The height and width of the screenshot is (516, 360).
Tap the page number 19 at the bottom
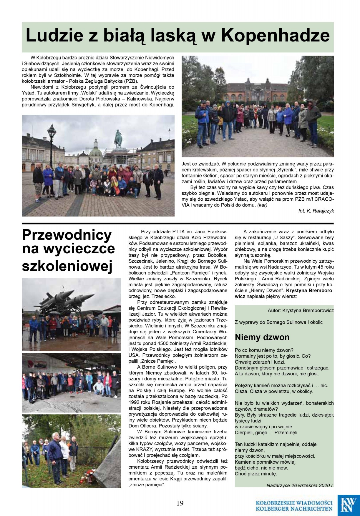click(x=180, y=503)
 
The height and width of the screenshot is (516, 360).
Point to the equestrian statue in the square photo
click(x=118, y=139)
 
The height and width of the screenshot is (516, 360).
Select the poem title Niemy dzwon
click(x=262, y=337)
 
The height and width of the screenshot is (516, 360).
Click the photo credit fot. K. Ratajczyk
click(x=316, y=211)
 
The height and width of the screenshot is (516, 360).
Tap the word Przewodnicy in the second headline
click(x=67, y=235)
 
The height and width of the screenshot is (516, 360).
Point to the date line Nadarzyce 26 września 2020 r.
click(x=300, y=485)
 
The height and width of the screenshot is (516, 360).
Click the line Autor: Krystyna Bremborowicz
click(x=301, y=310)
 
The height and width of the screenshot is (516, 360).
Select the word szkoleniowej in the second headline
click(x=67, y=266)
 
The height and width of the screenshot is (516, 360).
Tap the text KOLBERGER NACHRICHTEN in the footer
click(x=294, y=509)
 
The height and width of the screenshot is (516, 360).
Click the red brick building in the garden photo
click(x=256, y=91)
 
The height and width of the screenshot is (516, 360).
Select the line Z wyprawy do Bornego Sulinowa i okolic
click(x=278, y=322)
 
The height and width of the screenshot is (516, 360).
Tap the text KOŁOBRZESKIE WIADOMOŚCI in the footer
click(x=294, y=503)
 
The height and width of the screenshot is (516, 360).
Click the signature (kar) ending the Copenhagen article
click(x=262, y=205)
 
